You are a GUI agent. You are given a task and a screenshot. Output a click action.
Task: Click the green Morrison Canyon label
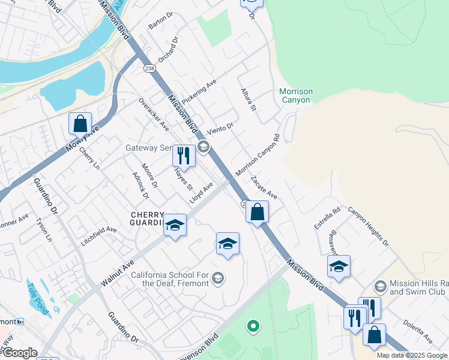pos(296,95)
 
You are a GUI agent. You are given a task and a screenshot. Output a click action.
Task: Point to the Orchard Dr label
pos(169,50)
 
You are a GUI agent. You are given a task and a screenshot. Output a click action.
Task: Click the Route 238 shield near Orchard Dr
pos(149,70)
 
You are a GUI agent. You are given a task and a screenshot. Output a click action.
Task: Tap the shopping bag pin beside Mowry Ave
pos(80,124)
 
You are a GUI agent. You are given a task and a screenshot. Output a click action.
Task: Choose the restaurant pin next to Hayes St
pos(184,155)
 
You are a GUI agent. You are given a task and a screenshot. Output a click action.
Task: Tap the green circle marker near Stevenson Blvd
pos(253,326)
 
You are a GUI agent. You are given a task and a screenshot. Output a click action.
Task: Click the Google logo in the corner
pos(19,353)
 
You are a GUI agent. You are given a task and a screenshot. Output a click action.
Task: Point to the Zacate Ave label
pos(264,187)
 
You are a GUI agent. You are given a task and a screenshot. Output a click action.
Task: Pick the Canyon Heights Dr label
pos(369,227)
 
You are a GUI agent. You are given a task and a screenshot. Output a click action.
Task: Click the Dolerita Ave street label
pos(418,336)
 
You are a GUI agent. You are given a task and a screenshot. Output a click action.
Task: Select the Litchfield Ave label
pos(98,236)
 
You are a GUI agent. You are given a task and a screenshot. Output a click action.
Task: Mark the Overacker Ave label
pos(154,114)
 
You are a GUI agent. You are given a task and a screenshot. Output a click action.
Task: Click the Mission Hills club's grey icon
pos(379,287)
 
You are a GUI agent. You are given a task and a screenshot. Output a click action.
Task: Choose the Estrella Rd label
pos(327,218)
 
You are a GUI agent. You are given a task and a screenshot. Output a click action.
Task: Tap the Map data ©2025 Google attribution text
pos(412,355)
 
